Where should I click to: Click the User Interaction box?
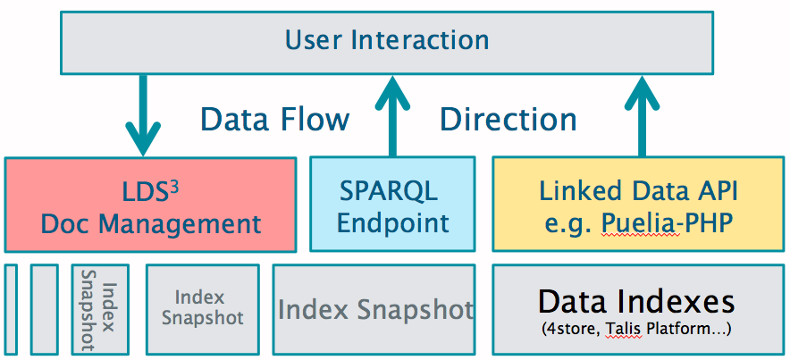[x=387, y=43]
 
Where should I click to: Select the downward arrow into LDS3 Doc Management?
[x=143, y=115]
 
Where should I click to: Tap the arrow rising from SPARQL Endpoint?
[x=392, y=116]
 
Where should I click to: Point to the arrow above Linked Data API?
[x=642, y=116]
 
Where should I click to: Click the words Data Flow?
[x=275, y=120]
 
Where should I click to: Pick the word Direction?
[x=508, y=120]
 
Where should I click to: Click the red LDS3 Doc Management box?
[x=151, y=205]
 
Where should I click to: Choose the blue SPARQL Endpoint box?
[x=392, y=204]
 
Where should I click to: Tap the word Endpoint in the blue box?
[x=392, y=223]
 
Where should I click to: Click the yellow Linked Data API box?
[x=638, y=204]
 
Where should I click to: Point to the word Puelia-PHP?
[x=667, y=223]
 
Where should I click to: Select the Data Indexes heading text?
[x=636, y=302]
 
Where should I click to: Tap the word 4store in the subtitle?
[x=572, y=331]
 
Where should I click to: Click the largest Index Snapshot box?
[x=374, y=309]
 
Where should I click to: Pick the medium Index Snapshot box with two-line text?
[x=203, y=309]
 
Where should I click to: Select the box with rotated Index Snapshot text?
[x=100, y=309]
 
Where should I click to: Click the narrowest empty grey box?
[x=11, y=309]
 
